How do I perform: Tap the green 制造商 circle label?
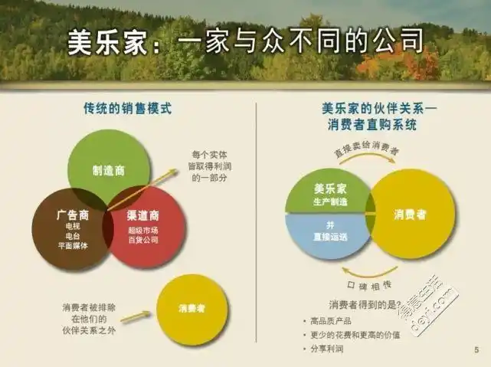(108, 171)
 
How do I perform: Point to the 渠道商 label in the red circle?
(143, 215)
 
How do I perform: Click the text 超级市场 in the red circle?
(143, 230)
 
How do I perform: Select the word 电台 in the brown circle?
(73, 237)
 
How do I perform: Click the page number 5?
(476, 350)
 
